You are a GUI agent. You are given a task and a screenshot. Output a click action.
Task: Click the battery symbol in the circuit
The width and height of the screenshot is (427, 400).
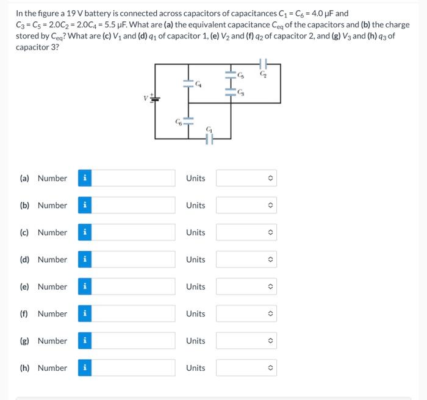[155, 97]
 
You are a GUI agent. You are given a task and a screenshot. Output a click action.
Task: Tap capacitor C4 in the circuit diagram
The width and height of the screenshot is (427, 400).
[188, 84]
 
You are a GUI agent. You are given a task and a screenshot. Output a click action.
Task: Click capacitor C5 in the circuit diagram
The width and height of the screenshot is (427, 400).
[231, 75]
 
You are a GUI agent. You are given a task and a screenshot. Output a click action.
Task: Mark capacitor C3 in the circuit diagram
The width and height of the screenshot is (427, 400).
[231, 92]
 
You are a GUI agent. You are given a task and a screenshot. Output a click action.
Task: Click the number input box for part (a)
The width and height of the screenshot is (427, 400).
[134, 178]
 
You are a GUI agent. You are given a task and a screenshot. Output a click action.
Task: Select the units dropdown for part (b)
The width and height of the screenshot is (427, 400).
[246, 205]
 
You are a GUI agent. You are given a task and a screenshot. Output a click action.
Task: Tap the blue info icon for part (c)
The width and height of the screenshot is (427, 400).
[85, 232]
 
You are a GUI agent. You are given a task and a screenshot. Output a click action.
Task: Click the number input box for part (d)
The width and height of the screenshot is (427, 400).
[134, 260]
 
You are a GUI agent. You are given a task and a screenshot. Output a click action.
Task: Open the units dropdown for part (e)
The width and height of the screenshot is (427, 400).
[246, 287]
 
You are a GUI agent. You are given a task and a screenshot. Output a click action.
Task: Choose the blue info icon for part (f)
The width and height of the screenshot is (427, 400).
[85, 314]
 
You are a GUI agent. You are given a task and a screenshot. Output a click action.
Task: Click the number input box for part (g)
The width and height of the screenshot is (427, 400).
[134, 341]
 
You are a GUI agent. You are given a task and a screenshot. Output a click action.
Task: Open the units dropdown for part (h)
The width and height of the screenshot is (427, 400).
[246, 368]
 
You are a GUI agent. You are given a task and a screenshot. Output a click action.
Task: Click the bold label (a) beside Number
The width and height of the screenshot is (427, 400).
[26, 178]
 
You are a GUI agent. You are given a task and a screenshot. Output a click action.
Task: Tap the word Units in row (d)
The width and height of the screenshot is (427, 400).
[195, 260]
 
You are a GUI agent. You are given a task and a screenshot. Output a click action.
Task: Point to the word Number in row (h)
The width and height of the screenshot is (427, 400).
[52, 368]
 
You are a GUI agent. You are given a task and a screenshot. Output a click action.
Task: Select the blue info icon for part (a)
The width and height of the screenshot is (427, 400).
[85, 178]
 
